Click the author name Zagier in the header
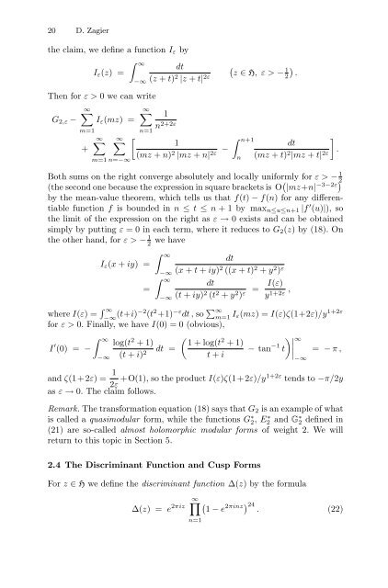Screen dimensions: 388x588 [x=64, y=19]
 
